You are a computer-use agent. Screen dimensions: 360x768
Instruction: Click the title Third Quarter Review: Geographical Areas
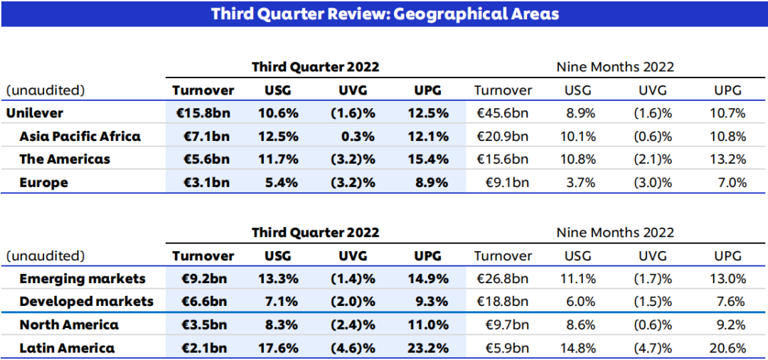385,14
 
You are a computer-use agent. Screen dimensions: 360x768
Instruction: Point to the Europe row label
44,183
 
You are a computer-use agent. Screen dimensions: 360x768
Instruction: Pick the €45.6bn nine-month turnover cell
503,113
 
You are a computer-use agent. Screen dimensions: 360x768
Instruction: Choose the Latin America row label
67,348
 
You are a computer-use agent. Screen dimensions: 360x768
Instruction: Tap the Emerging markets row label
82,279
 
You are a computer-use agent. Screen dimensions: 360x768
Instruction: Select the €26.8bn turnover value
503,279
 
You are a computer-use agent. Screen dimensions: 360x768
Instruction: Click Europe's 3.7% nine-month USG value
580,183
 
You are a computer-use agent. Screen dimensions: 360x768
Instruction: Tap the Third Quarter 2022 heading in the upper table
315,67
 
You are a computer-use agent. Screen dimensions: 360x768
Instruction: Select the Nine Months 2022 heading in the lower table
615,233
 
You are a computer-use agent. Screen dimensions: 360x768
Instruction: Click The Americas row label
65,159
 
